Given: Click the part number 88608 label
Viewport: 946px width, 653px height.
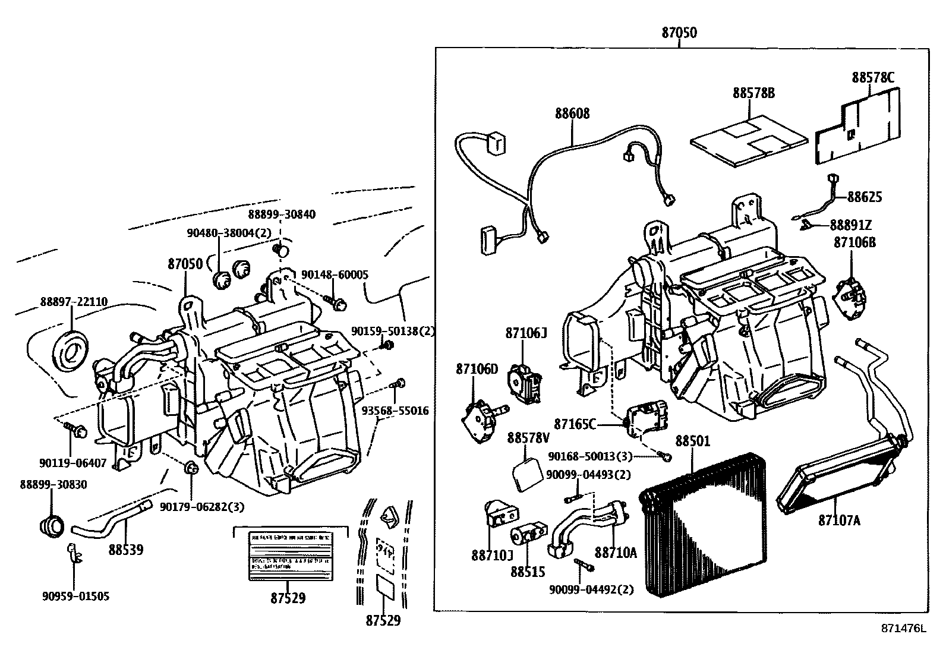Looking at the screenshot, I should click(x=572, y=113).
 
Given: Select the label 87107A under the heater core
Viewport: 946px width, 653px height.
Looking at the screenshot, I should click(x=839, y=520).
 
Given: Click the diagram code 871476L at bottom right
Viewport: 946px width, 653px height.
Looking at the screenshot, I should click(x=904, y=628).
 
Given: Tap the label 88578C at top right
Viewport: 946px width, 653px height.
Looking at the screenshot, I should click(x=872, y=77).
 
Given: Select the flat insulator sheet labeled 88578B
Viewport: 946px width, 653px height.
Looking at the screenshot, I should click(x=749, y=141).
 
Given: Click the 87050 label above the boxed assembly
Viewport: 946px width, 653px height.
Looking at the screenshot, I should click(x=679, y=33).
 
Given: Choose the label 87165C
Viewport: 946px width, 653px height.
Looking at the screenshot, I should click(x=575, y=424).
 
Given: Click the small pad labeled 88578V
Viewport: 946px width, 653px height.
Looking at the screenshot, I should click(x=526, y=474).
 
